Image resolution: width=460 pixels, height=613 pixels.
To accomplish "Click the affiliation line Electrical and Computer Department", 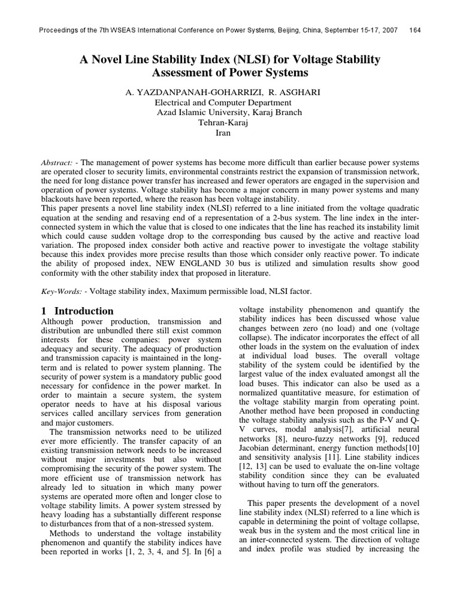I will (223, 102).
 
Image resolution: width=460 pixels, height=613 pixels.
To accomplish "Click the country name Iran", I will (223, 133).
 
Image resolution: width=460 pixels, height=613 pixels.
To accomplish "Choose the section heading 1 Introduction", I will (77, 311).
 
